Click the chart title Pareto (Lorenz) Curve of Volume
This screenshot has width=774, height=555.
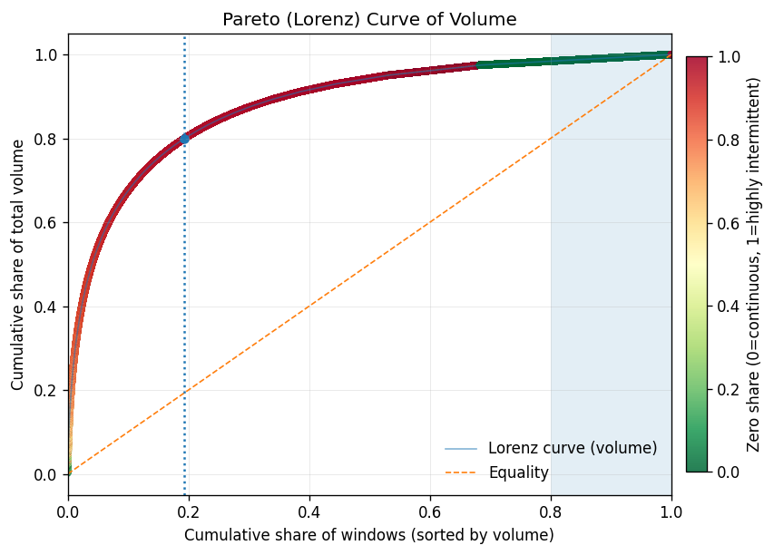pos(369,19)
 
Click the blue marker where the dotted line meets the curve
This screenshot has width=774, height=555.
pos(184,138)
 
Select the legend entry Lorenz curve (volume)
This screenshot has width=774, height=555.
pos(572,448)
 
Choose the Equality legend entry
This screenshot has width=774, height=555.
pos(518,472)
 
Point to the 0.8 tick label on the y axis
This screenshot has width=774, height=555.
pos(46,139)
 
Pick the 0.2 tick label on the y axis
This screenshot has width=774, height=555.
pos(46,391)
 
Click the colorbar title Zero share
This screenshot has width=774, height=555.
pos(753,264)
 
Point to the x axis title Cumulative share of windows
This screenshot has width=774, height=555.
pos(369,535)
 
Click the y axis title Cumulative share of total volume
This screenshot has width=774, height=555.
pos(18,265)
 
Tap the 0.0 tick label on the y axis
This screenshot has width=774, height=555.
pos(46,474)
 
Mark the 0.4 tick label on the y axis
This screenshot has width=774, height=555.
pos(46,307)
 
